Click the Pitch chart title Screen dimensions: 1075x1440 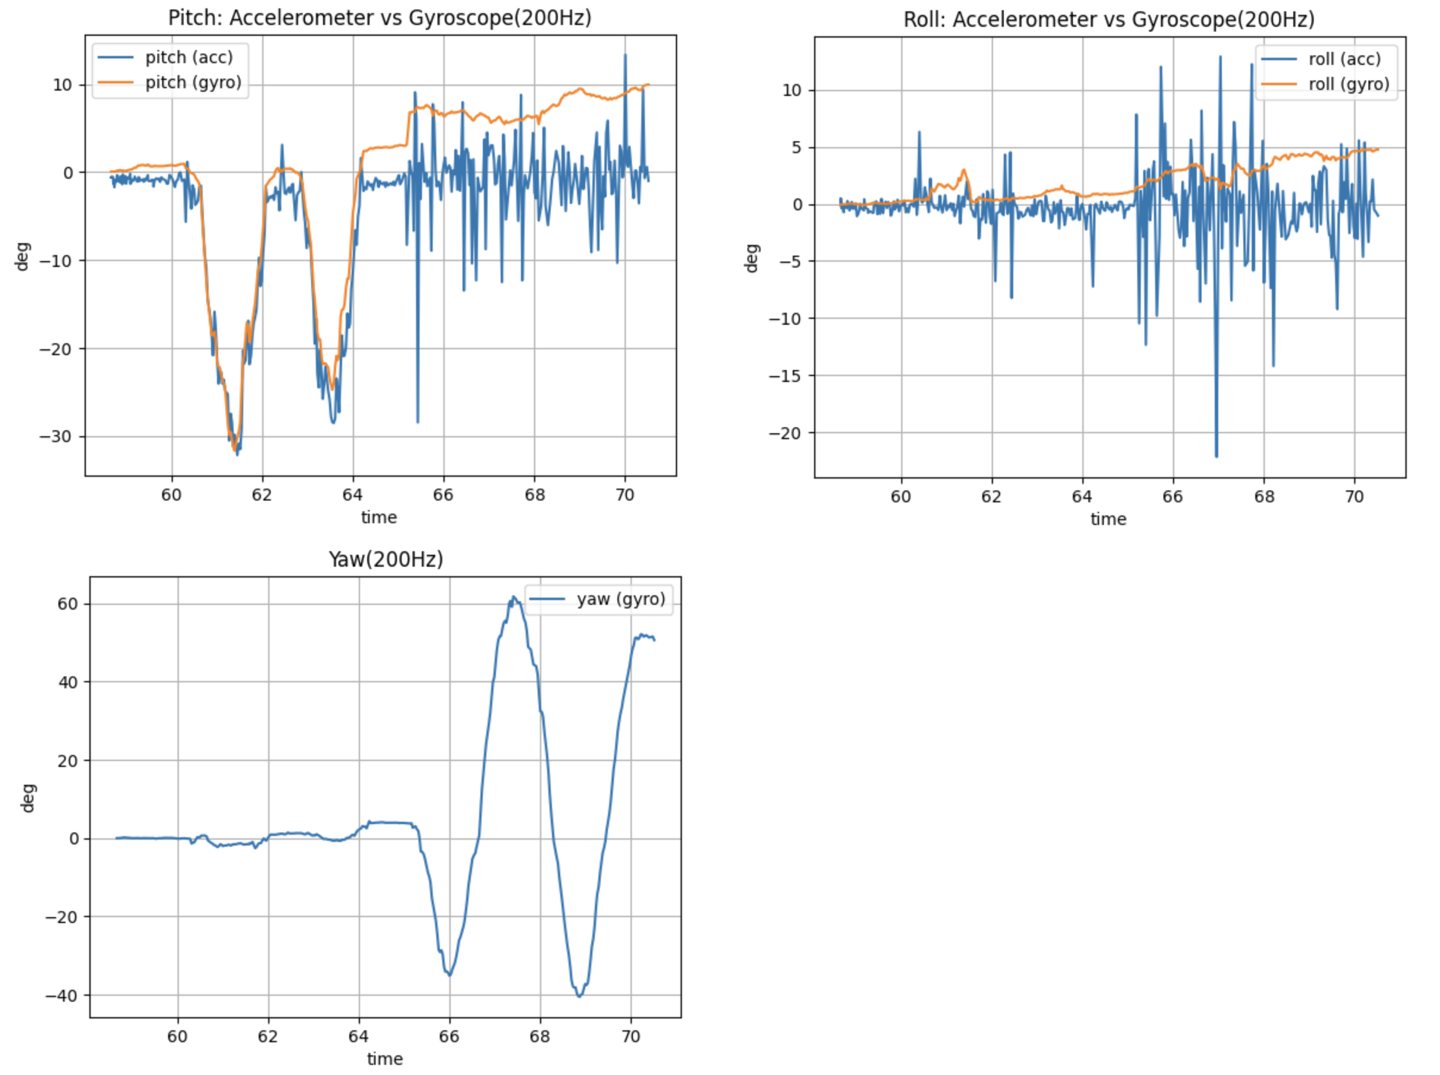click(x=379, y=17)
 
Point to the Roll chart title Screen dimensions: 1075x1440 click(x=1109, y=20)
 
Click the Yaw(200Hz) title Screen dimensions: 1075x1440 click(x=385, y=560)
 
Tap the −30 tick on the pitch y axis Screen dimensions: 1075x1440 click(x=56, y=436)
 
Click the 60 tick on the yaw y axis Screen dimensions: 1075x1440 click(x=68, y=604)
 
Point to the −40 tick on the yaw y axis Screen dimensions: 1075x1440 click(x=61, y=996)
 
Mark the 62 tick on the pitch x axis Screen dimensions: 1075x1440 click(x=262, y=495)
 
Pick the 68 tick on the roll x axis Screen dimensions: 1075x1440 click(x=1264, y=497)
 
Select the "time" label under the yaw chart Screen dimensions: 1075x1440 click(x=384, y=1059)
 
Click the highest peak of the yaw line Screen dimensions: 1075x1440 click(x=513, y=596)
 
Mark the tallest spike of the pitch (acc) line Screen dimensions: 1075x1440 click(x=625, y=55)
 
